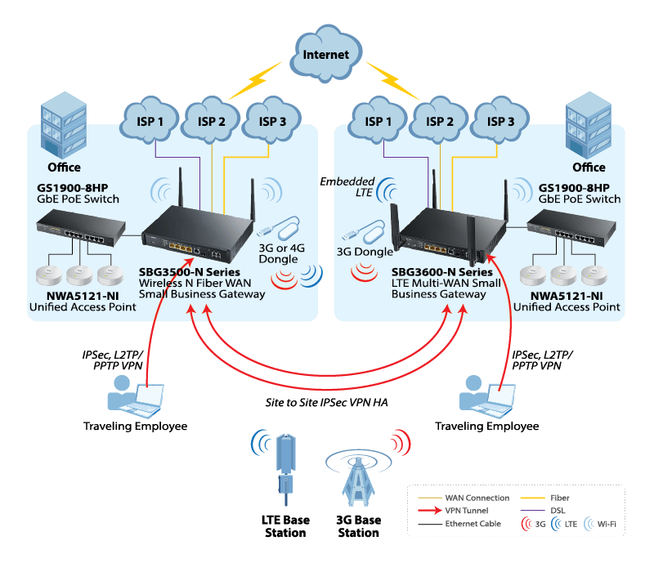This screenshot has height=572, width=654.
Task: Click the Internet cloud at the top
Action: (326, 55)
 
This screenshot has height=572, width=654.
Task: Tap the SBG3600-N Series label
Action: (442, 271)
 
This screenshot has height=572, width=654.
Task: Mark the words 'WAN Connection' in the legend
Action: (477, 497)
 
